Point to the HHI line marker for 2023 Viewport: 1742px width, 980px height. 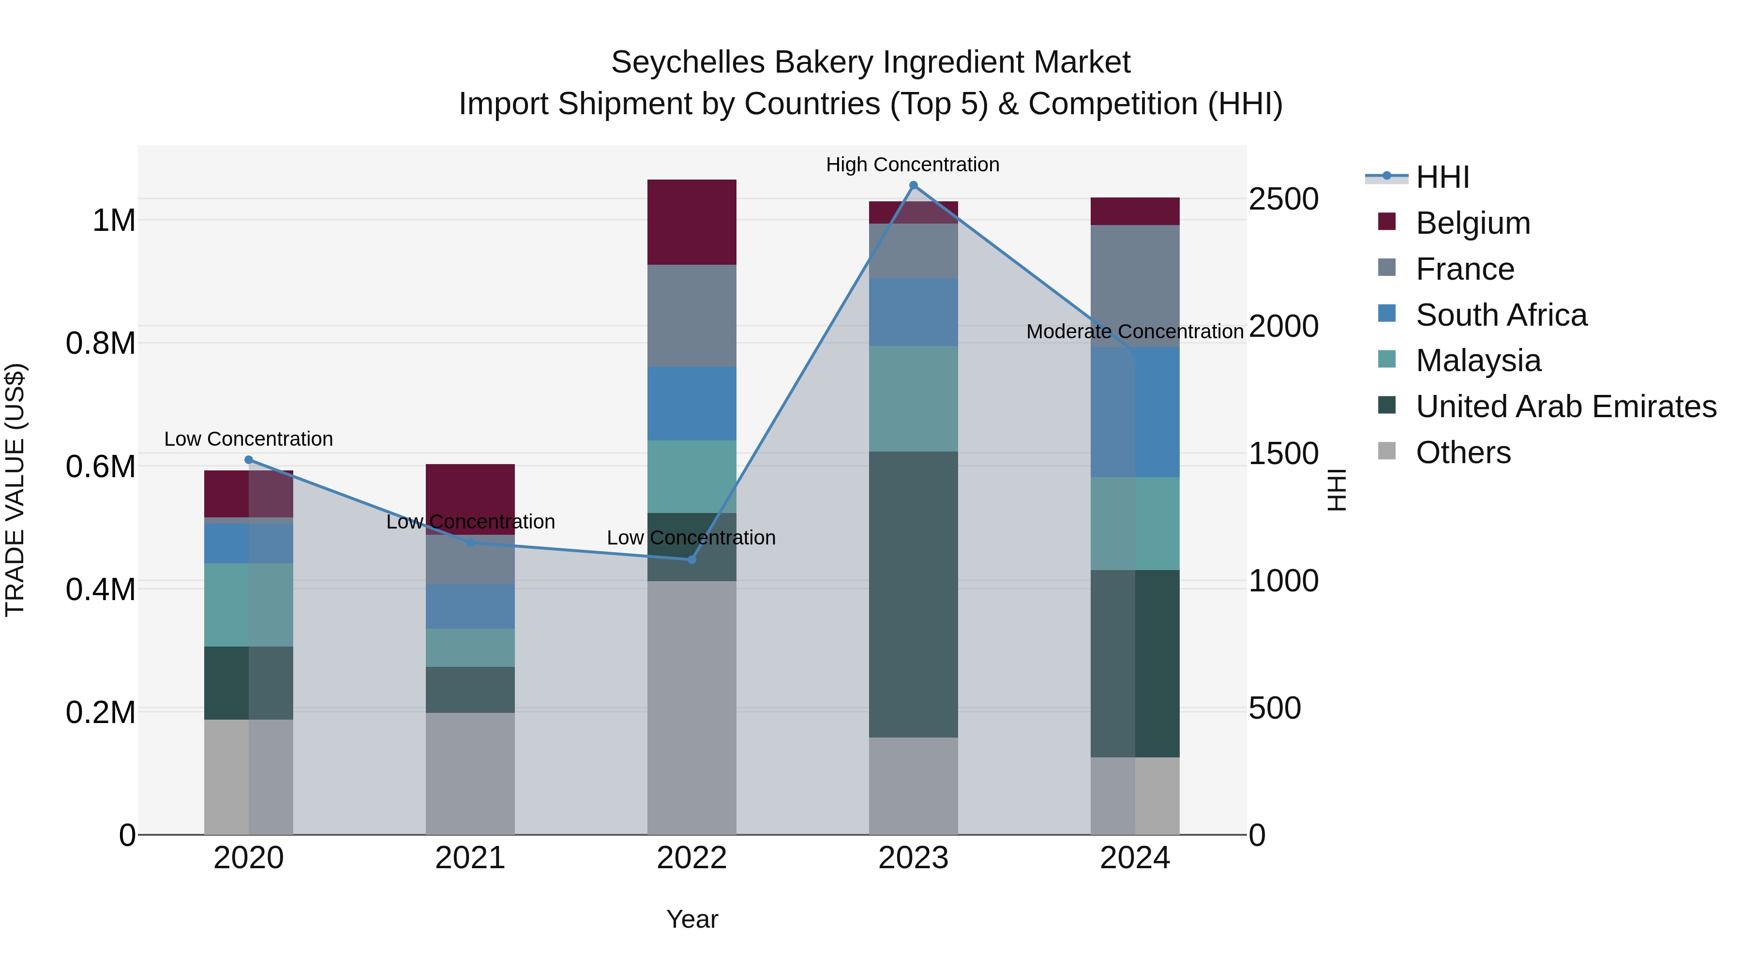pos(914,185)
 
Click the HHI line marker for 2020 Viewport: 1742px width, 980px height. pos(248,460)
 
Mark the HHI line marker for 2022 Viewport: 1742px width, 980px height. pos(691,560)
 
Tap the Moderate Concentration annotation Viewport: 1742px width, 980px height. pos(1134,332)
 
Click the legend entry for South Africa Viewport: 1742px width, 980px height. pos(1501,315)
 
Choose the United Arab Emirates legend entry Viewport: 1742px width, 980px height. pos(1565,407)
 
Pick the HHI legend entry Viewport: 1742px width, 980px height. pos(1442,177)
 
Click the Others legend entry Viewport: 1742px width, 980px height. pos(1463,452)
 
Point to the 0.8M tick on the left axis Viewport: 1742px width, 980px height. pos(101,344)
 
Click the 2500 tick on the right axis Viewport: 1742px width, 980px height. pos(1283,199)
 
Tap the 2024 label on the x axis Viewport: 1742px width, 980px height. pos(1134,858)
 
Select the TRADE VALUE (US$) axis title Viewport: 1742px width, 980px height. pos(15,490)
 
